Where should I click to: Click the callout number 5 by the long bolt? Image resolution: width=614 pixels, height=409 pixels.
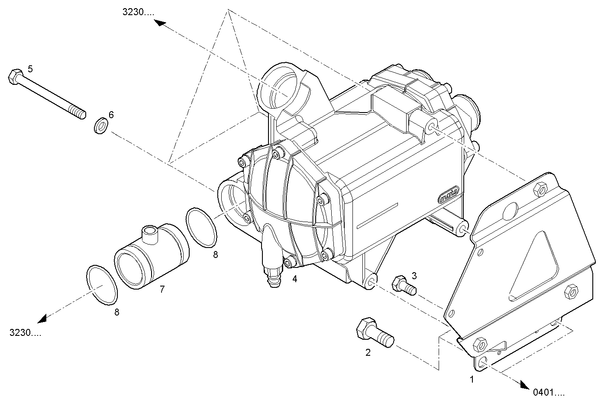[30, 68]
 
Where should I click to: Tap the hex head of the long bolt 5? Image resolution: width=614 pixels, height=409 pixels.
[15, 77]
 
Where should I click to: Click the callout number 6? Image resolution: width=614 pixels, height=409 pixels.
[111, 115]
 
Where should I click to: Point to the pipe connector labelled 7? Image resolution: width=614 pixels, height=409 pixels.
[152, 255]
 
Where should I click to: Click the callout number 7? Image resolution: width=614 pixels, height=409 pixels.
[162, 289]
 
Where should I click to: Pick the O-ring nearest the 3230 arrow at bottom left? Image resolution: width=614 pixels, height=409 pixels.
[102, 285]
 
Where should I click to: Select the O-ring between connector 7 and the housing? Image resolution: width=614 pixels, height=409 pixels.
[202, 228]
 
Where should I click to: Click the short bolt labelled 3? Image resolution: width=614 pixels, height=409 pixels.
[404, 286]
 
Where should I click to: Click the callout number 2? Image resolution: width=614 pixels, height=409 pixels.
[368, 352]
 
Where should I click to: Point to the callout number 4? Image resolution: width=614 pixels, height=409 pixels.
[295, 279]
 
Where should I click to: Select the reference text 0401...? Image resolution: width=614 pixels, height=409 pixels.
[549, 393]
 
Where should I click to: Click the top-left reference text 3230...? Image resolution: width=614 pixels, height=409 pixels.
[138, 13]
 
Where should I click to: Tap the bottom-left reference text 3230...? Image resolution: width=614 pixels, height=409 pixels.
[25, 333]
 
